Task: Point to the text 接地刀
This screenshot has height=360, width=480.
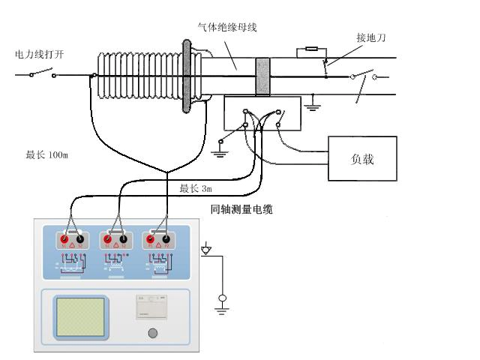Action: [371, 36]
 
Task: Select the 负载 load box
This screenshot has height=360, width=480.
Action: [362, 159]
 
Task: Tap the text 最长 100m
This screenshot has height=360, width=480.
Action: [46, 155]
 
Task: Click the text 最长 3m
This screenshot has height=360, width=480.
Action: [196, 187]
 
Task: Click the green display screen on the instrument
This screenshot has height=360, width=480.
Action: [79, 316]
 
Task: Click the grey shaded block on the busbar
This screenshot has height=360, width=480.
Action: [263, 76]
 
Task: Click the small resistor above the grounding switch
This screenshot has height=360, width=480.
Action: [307, 52]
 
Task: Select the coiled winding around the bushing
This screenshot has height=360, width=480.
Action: [139, 75]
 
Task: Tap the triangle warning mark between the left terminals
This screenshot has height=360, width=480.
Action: [73, 244]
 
